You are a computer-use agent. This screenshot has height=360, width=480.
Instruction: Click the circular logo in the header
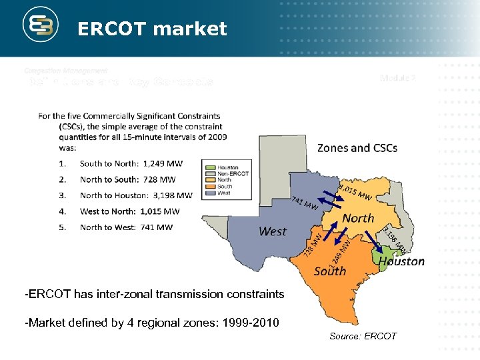click(x=41, y=27)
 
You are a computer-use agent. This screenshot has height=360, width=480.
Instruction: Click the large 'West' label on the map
click(x=272, y=231)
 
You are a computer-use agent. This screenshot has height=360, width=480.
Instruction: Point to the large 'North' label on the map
click(x=358, y=218)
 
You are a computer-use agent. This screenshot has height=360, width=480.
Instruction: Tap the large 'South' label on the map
click(x=329, y=270)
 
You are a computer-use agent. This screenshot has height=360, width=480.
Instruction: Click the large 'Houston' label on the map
click(x=401, y=261)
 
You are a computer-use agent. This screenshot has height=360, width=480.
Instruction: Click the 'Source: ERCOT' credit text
click(x=363, y=336)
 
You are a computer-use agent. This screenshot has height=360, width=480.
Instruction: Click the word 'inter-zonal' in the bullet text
click(x=106, y=294)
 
